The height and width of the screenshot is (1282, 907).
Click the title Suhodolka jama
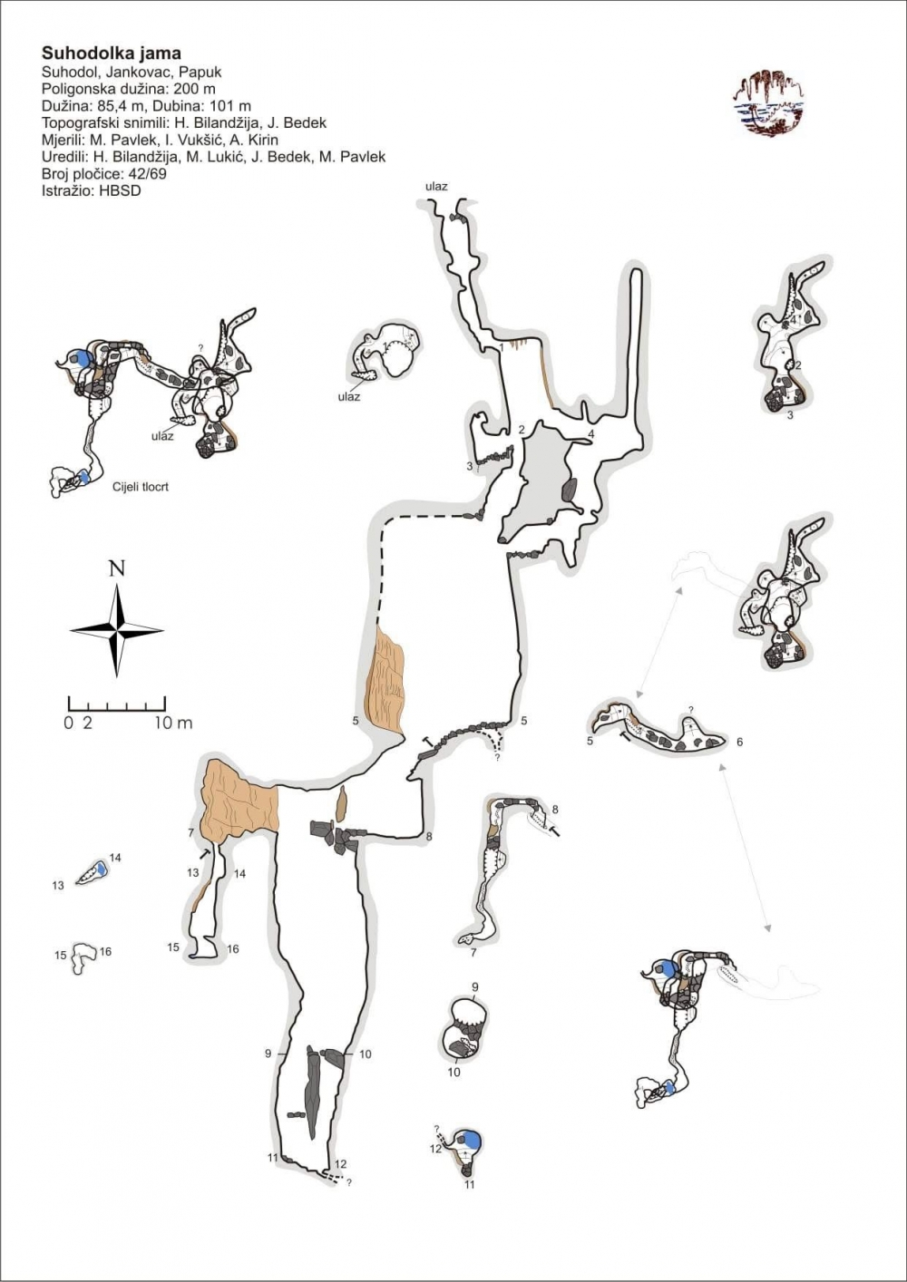pyautogui.click(x=111, y=53)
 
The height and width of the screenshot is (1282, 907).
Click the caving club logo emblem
pyautogui.click(x=768, y=103)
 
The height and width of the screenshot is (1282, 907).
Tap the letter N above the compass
pyautogui.click(x=117, y=568)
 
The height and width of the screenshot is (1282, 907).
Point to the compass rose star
pyautogui.click(x=117, y=630)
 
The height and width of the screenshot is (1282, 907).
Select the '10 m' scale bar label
pyautogui.click(x=173, y=723)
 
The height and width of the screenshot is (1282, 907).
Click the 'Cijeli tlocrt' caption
pyautogui.click(x=140, y=488)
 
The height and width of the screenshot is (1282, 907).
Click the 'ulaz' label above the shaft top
pyautogui.click(x=436, y=187)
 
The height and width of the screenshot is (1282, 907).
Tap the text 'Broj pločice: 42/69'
pyautogui.click(x=104, y=173)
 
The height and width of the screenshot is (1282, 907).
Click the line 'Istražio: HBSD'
pyautogui.click(x=91, y=190)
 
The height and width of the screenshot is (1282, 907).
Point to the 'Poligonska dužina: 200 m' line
pyautogui.click(x=128, y=89)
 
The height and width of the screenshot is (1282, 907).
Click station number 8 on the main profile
pyautogui.click(x=429, y=836)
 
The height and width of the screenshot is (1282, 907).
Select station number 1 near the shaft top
pyautogui.click(x=501, y=347)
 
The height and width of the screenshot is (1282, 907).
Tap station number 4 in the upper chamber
pyautogui.click(x=591, y=434)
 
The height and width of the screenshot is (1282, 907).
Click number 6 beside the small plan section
pyautogui.click(x=740, y=742)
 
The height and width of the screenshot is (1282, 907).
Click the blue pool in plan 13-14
pyautogui.click(x=101, y=869)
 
